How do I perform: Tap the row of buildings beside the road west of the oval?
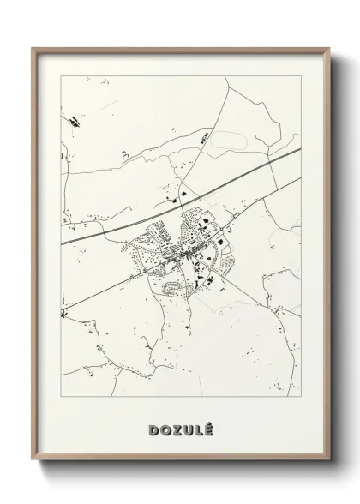click(x=204, y=137)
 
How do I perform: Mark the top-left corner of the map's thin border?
click(x=60, y=75)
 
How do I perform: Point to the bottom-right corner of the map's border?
click(x=302, y=390)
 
